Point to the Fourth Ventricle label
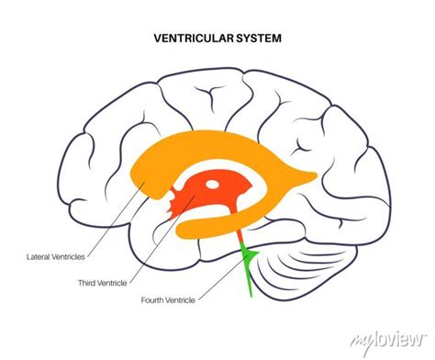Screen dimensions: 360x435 pyautogui.click(x=168, y=300)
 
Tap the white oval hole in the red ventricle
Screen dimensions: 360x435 pyautogui.click(x=212, y=185)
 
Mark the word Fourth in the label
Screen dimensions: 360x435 pyautogui.click(x=154, y=300)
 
